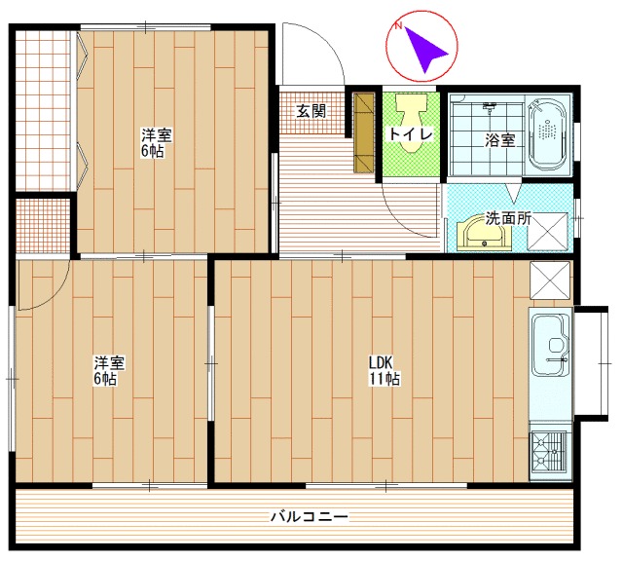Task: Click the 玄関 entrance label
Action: tap(311, 111)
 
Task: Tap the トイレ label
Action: tap(411, 134)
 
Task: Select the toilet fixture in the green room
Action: tap(411, 123)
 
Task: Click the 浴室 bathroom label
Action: tap(499, 140)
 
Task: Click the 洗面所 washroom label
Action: tap(508, 218)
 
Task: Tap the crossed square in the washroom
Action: tap(547, 232)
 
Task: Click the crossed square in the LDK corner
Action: tap(550, 280)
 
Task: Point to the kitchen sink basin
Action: tap(550, 344)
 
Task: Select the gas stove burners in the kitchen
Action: tap(549, 451)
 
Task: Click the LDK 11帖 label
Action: tap(385, 370)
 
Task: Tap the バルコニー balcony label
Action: tap(310, 517)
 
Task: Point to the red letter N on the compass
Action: tap(398, 26)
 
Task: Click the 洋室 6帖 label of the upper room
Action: tap(157, 143)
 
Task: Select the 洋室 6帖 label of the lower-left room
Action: tap(109, 370)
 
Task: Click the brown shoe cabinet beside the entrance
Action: tap(364, 132)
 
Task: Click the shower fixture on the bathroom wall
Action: tap(490, 107)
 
